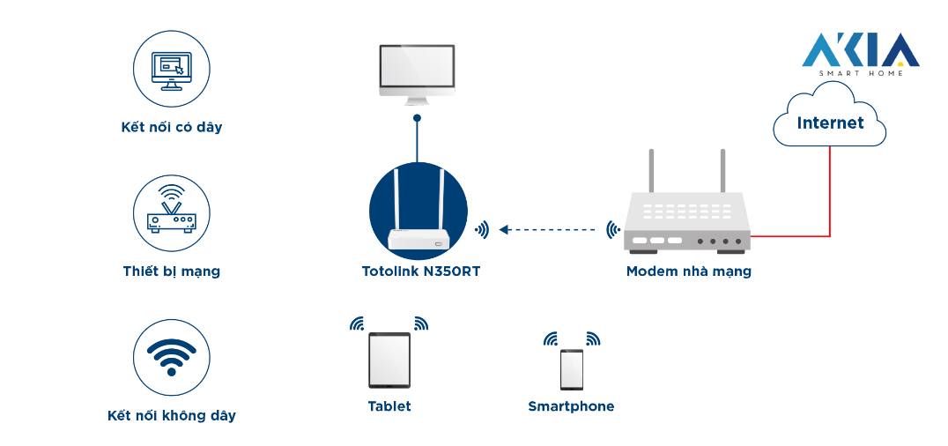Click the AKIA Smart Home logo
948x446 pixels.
[x=860, y=53]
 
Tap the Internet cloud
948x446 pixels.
[x=829, y=123]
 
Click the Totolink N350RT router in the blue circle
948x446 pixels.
[x=418, y=212]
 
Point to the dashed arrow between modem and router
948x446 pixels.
[x=547, y=230]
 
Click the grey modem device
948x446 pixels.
[x=687, y=225]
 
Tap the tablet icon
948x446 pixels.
[x=389, y=360]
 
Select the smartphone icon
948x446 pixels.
[x=572, y=369]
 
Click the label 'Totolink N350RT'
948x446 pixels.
[x=420, y=271]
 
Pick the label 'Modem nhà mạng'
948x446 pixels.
[x=688, y=271]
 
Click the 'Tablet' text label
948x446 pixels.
[x=389, y=406]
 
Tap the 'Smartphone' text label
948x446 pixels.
[x=571, y=406]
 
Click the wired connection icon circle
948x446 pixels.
[x=172, y=69]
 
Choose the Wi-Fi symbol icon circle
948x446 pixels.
[x=172, y=357]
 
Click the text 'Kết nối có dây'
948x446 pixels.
[x=172, y=128]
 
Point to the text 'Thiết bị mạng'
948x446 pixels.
[x=172, y=271]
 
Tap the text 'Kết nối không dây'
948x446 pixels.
[x=172, y=415]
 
